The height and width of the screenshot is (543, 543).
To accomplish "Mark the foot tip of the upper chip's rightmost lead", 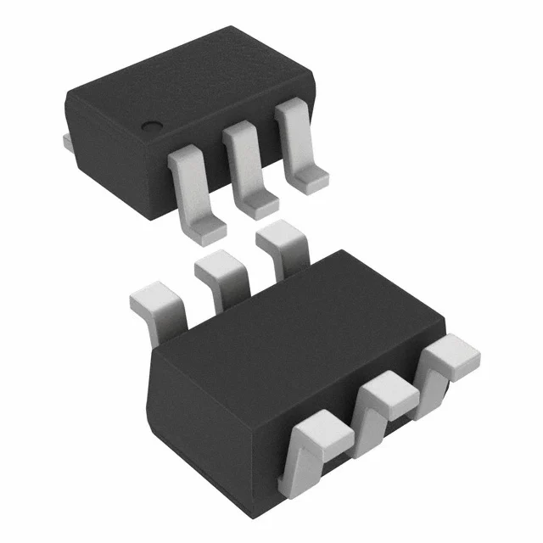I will coord(310,177).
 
